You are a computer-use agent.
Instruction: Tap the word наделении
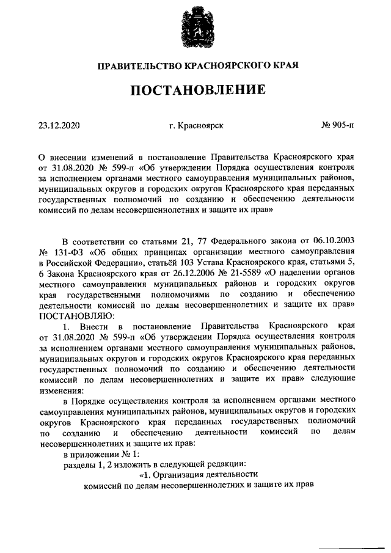[x=310, y=273]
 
